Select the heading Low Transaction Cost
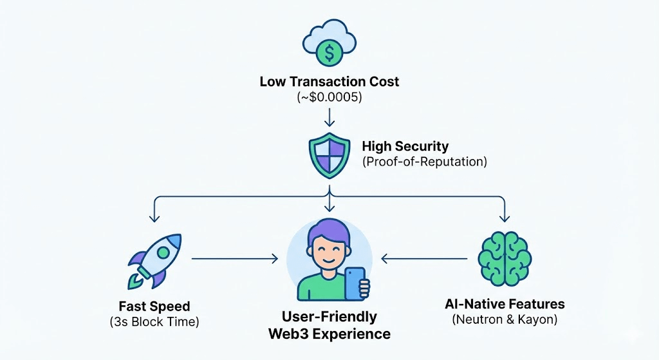tap(329, 82)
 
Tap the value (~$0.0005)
tap(329, 97)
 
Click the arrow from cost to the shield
tap(329, 117)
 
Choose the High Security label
tap(405, 146)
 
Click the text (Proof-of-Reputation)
tap(424, 162)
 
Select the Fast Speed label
tap(154, 305)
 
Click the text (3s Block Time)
tap(154, 321)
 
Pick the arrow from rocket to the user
tap(235, 259)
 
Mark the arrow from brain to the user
tap(425, 259)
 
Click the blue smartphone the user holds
tap(355, 283)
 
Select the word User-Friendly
tap(329, 317)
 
